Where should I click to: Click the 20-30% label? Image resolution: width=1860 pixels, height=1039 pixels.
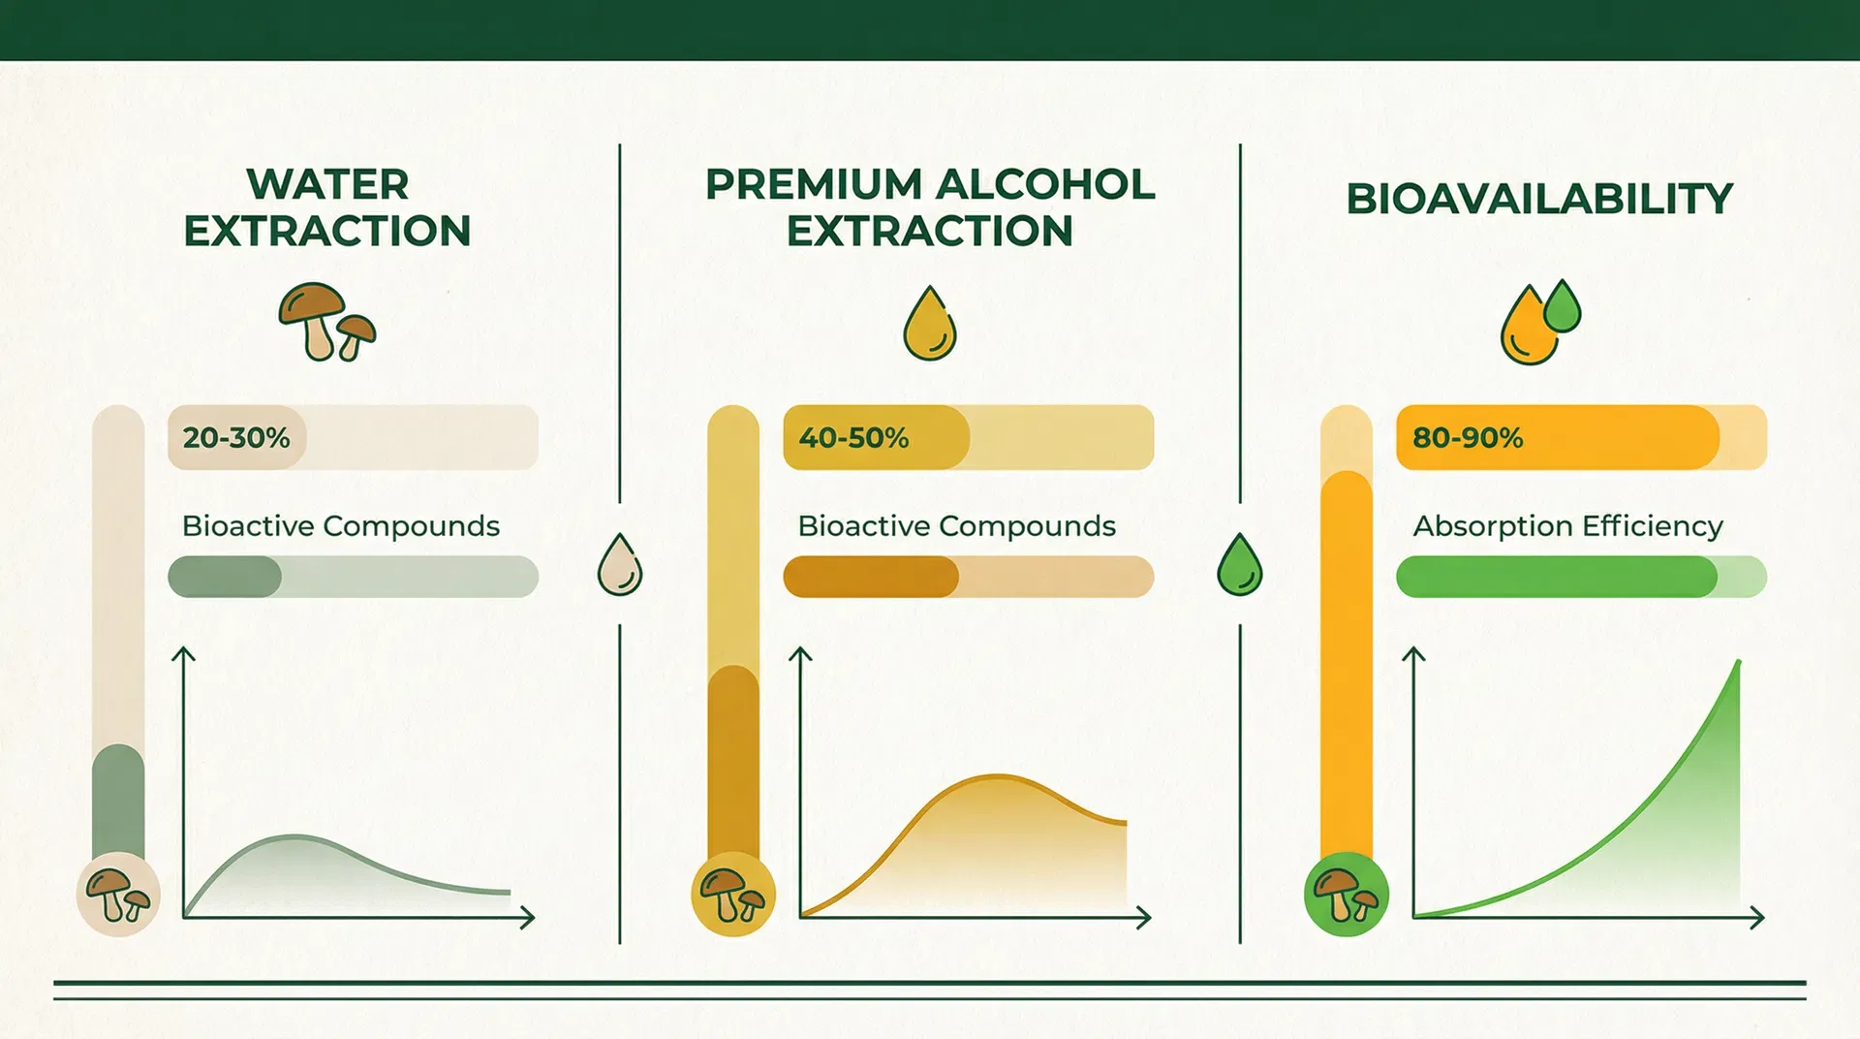click(x=236, y=438)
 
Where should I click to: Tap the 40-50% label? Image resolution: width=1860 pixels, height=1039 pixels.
click(x=853, y=438)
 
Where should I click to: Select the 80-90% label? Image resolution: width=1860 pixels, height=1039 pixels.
click(x=1468, y=438)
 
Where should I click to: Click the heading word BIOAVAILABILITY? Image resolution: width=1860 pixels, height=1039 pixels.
click(x=1539, y=199)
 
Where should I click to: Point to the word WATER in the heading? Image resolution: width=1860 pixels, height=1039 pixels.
click(x=327, y=184)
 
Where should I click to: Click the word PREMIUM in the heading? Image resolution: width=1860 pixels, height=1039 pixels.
click(x=813, y=184)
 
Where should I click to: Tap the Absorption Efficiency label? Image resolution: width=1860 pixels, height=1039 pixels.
click(x=1568, y=526)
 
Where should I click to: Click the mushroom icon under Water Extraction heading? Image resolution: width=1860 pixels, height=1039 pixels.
click(x=326, y=322)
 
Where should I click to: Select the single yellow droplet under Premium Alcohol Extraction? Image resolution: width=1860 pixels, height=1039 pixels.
click(x=930, y=323)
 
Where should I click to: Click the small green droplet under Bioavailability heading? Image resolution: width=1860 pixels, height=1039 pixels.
click(x=1562, y=306)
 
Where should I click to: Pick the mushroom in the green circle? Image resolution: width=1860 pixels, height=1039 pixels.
click(x=1346, y=895)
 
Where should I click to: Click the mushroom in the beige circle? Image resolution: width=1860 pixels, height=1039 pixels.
click(x=118, y=895)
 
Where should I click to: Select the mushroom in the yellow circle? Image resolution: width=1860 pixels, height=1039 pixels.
click(x=732, y=895)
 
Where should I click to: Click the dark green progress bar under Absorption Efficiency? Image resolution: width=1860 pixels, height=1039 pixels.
click(x=1557, y=577)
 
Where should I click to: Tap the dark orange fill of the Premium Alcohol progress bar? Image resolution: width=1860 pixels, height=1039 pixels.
click(x=871, y=577)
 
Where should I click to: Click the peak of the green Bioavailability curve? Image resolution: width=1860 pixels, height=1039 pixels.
click(x=1738, y=662)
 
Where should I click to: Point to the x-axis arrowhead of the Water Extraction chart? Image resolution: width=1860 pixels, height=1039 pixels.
click(x=528, y=917)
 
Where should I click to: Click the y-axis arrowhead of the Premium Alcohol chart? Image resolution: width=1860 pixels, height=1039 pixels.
click(x=800, y=654)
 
